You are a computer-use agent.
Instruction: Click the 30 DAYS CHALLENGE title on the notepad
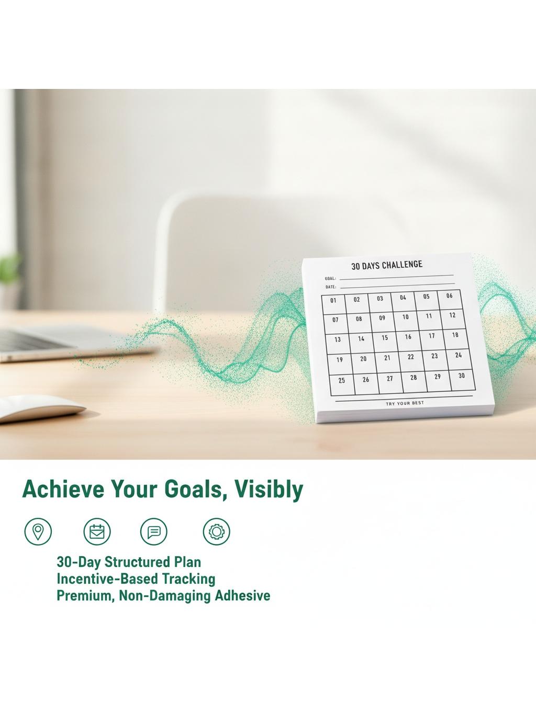387,265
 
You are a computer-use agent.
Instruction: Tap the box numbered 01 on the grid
333,304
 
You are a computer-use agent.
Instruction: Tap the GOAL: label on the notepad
330,279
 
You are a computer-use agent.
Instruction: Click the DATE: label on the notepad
331,287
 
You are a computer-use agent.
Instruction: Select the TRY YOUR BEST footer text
405,403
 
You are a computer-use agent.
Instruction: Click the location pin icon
38,531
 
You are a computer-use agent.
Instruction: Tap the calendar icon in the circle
97,531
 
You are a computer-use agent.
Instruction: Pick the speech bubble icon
153,531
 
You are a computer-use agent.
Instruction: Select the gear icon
216,531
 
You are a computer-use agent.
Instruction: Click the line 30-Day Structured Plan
129,562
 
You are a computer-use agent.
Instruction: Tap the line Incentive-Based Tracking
136,579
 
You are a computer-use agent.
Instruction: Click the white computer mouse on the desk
41,408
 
